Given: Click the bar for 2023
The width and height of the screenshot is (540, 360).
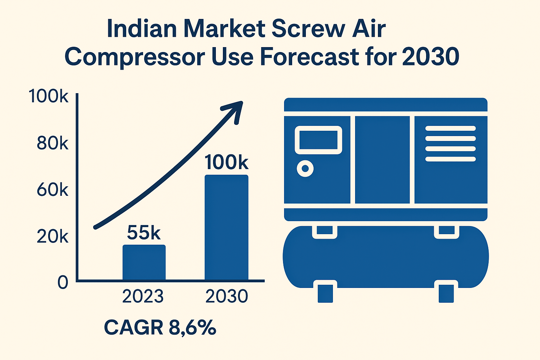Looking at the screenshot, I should coord(144,262).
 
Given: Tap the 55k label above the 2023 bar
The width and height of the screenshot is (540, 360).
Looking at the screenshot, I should coord(143,232).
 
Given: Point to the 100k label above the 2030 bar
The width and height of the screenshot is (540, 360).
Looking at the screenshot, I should coord(226,162).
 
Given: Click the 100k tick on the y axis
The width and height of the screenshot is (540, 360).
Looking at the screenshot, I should coord(49,96).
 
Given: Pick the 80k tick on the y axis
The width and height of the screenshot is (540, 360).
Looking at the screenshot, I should coord(52,143).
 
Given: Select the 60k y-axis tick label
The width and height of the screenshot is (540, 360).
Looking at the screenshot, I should coord(52,190).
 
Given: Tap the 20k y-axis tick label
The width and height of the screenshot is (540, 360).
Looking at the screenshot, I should coord(52,237).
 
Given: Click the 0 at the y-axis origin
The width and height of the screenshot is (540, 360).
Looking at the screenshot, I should coord(63,282).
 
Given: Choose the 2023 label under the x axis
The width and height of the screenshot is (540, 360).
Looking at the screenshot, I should coord(143,296).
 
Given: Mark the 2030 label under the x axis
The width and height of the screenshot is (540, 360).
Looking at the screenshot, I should coord(226,296).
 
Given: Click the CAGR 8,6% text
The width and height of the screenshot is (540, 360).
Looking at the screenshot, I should coord(160,328).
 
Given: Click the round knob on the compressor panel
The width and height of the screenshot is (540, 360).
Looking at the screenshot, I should coord(305,169).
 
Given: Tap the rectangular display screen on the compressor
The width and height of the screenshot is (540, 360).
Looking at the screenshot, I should coord(318,140).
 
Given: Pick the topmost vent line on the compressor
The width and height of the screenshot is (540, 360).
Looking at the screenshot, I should coord(450,128).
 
